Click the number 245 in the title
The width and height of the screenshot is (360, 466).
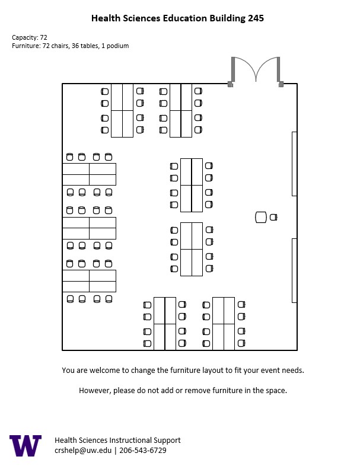point(256,18)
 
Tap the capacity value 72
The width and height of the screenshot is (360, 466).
point(44,37)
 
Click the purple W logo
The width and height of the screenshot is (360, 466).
point(26,445)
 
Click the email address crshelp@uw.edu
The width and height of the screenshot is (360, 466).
point(83,450)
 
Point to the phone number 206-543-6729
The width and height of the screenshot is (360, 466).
point(143,450)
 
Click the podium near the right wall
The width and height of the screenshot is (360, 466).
point(261,217)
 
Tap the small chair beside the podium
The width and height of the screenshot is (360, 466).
point(273,217)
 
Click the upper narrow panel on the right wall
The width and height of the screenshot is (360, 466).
point(294,164)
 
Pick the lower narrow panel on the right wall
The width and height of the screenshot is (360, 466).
point(294,270)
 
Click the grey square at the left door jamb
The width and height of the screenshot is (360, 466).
point(230,84)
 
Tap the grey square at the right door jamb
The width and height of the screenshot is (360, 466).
point(281,84)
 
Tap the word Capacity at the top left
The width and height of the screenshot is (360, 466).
point(25,37)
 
